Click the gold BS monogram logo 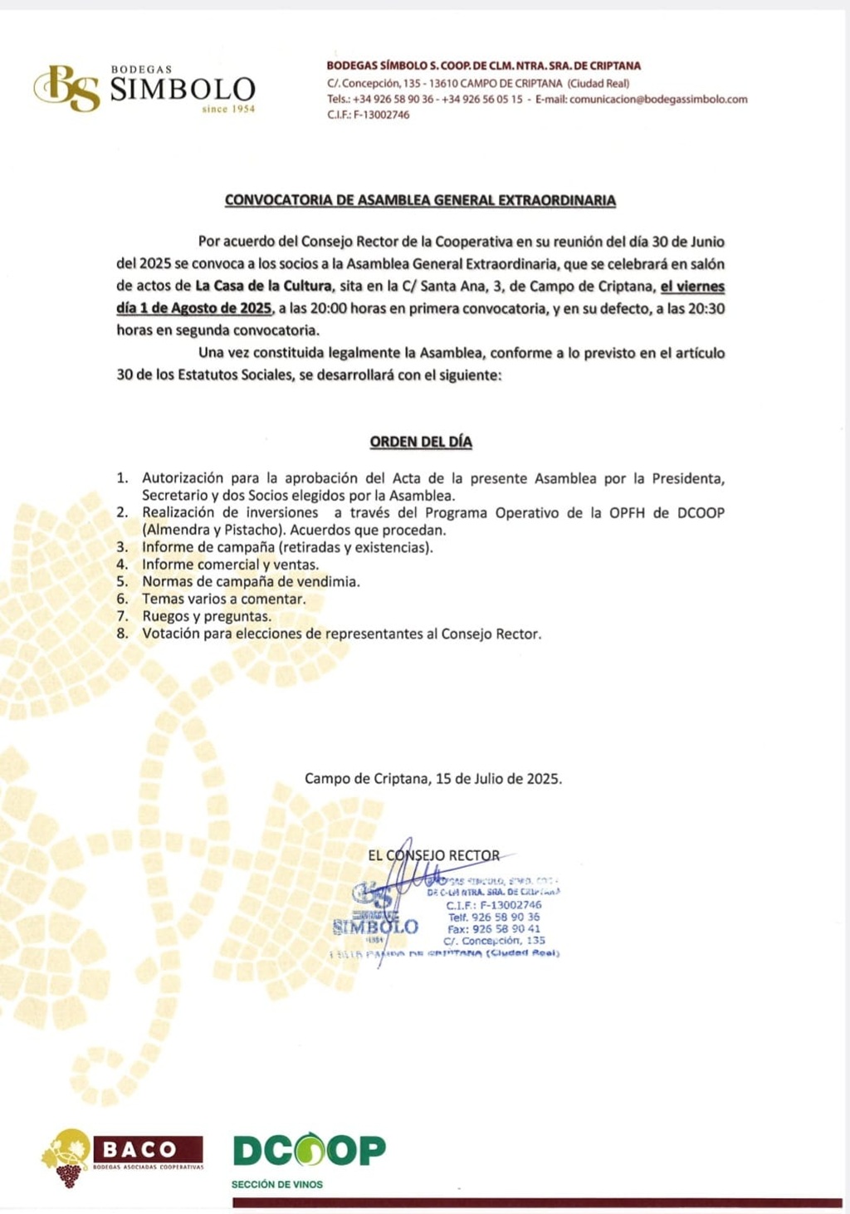click(x=66, y=88)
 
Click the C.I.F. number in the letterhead click(x=382, y=115)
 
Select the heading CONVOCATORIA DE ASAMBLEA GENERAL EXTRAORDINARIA click(x=420, y=201)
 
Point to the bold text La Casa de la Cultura click(x=263, y=286)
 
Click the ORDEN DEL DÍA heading click(x=421, y=443)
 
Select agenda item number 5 click(x=250, y=582)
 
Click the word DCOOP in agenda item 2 click(x=701, y=513)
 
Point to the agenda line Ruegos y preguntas click(x=206, y=616)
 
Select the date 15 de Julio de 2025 click(x=498, y=779)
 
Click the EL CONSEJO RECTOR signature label click(x=433, y=855)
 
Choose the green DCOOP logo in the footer click(x=309, y=1150)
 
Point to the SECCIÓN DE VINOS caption click(x=277, y=1184)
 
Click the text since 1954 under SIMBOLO click(x=227, y=110)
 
